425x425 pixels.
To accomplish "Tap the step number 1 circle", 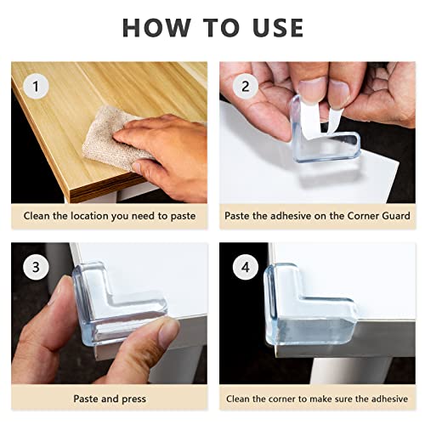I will tap(34, 86).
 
